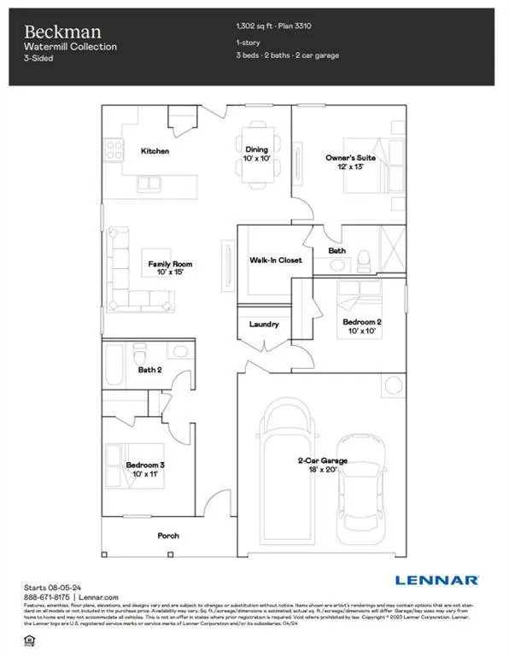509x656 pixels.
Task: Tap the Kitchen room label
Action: click(155, 151)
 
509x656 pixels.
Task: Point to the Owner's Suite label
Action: click(347, 158)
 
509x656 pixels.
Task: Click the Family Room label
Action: click(167, 264)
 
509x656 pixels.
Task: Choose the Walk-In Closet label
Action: click(275, 260)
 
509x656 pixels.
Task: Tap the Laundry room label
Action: click(264, 325)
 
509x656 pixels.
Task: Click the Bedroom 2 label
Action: click(362, 322)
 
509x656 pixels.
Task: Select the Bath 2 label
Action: click(149, 370)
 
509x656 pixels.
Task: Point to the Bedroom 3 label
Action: click(144, 466)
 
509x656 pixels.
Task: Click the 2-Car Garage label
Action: click(315, 460)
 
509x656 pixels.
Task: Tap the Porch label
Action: click(169, 536)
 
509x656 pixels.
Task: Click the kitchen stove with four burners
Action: click(114, 150)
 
